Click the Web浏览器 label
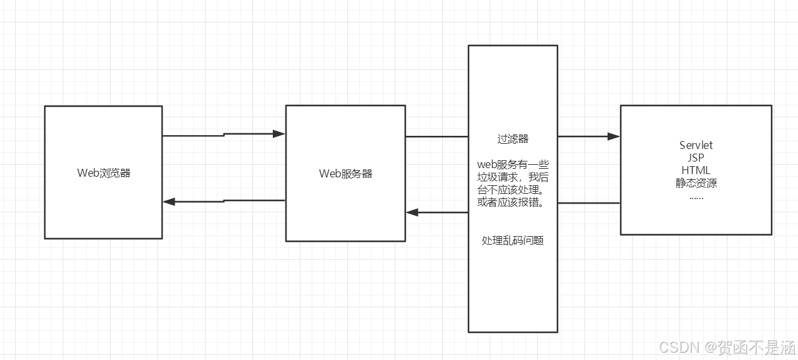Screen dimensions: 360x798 click(x=103, y=173)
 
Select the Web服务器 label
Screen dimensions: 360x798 click(x=345, y=173)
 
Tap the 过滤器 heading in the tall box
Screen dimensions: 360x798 click(x=513, y=139)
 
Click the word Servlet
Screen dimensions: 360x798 click(x=696, y=145)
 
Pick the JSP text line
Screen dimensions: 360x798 click(x=696, y=158)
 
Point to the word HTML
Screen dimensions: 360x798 click(x=696, y=170)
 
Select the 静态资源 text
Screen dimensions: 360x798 click(x=696, y=183)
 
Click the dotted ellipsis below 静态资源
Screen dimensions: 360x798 click(x=696, y=196)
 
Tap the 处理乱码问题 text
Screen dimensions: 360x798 click(x=513, y=241)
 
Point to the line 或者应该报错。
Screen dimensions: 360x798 click(x=513, y=202)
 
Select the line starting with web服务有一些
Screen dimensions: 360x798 click(x=513, y=164)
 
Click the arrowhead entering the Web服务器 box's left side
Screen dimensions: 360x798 click(x=279, y=134)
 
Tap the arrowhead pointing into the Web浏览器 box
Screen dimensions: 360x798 click(x=169, y=202)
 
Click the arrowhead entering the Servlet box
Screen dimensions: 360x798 click(x=614, y=136)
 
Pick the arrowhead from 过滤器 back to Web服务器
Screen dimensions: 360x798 click(x=412, y=212)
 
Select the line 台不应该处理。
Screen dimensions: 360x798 click(x=513, y=190)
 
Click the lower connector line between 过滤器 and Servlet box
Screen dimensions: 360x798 click(x=588, y=203)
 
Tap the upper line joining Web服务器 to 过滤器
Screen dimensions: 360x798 click(x=436, y=136)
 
